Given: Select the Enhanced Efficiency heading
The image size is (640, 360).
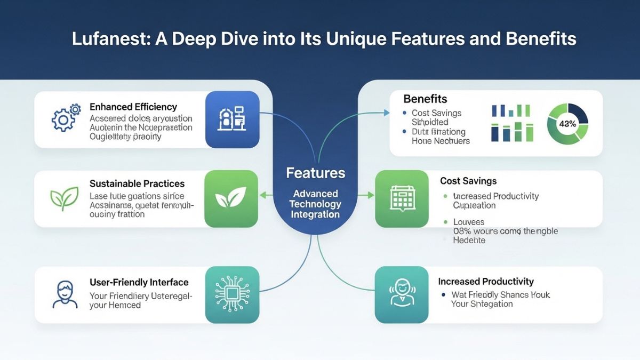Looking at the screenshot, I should pyautogui.click(x=133, y=107).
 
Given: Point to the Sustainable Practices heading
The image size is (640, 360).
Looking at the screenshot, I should pyautogui.click(x=137, y=183).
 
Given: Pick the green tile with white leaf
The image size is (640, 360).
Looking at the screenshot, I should pyautogui.click(x=231, y=199).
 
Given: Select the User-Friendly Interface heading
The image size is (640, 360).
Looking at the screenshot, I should pyautogui.click(x=139, y=282).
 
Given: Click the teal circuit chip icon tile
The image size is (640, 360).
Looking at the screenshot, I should pyautogui.click(x=232, y=294).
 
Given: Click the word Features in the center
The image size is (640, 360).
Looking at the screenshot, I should pyautogui.click(x=315, y=173).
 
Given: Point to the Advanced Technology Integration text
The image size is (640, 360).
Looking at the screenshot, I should pyautogui.click(x=315, y=204).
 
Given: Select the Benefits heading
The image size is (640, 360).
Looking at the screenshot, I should pyautogui.click(x=425, y=99).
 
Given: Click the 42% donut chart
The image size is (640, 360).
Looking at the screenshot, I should pyautogui.click(x=567, y=123).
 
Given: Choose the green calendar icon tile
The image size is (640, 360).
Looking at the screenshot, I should pyautogui.click(x=402, y=199).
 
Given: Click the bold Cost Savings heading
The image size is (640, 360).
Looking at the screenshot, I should pyautogui.click(x=468, y=181).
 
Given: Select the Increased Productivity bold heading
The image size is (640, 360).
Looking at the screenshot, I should pyautogui.click(x=485, y=281).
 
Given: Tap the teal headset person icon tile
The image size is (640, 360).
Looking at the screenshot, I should pyautogui.click(x=402, y=294).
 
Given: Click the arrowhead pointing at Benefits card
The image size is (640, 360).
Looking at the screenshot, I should pyautogui.click(x=386, y=113).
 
